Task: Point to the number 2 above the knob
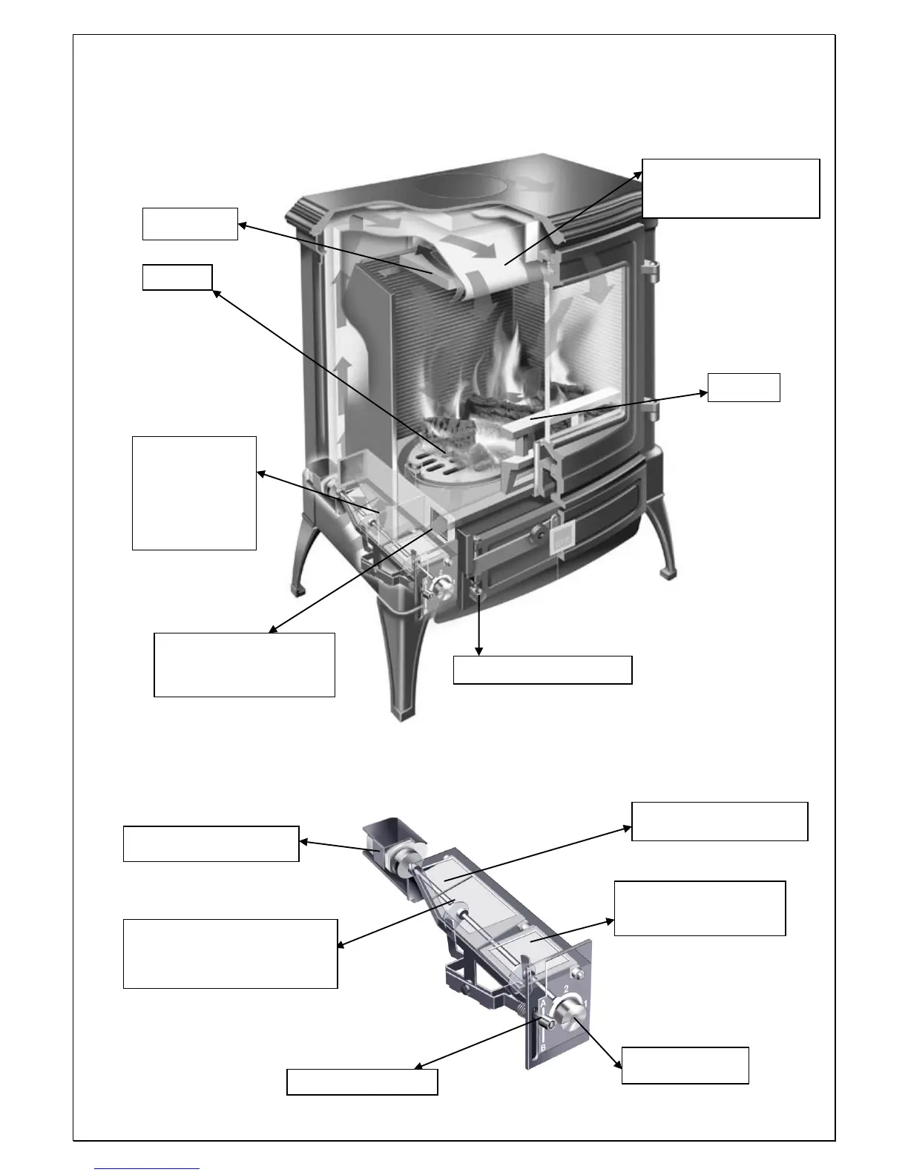coord(566,990)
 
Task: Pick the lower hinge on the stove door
coord(650,410)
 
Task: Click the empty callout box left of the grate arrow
coord(177,277)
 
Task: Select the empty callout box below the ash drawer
coord(542,669)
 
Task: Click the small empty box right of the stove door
coord(743,387)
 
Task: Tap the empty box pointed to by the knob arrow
coord(685,1065)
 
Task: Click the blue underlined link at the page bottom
coord(147,1169)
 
